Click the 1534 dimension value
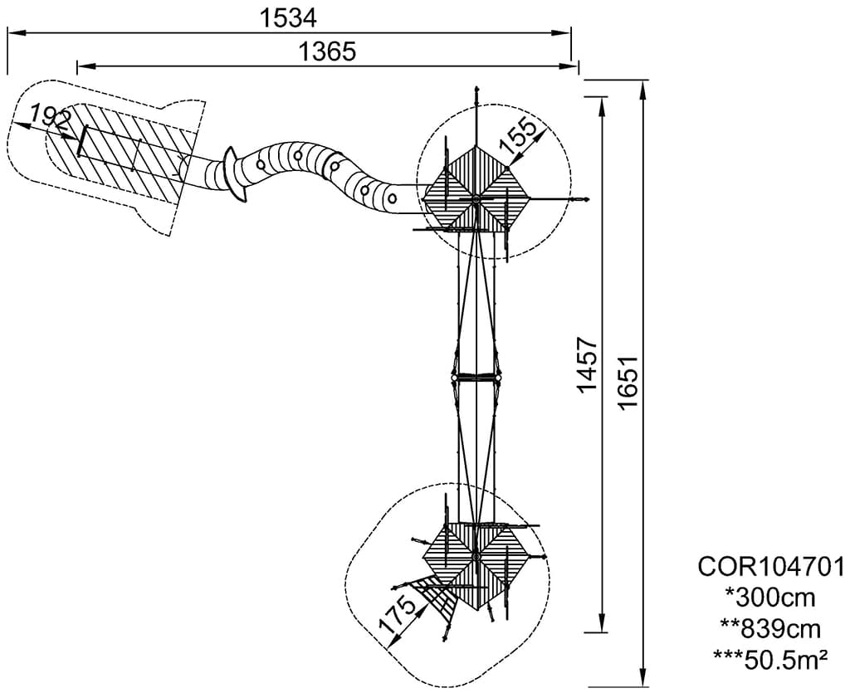point(288,18)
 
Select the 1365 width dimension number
point(327,52)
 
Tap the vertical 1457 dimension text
point(587,364)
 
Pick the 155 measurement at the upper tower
point(517,136)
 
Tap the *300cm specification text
point(770,598)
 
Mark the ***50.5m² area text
point(770,661)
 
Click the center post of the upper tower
point(476,199)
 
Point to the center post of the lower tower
point(476,556)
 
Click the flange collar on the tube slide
point(235,175)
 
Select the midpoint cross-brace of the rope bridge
point(476,377)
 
